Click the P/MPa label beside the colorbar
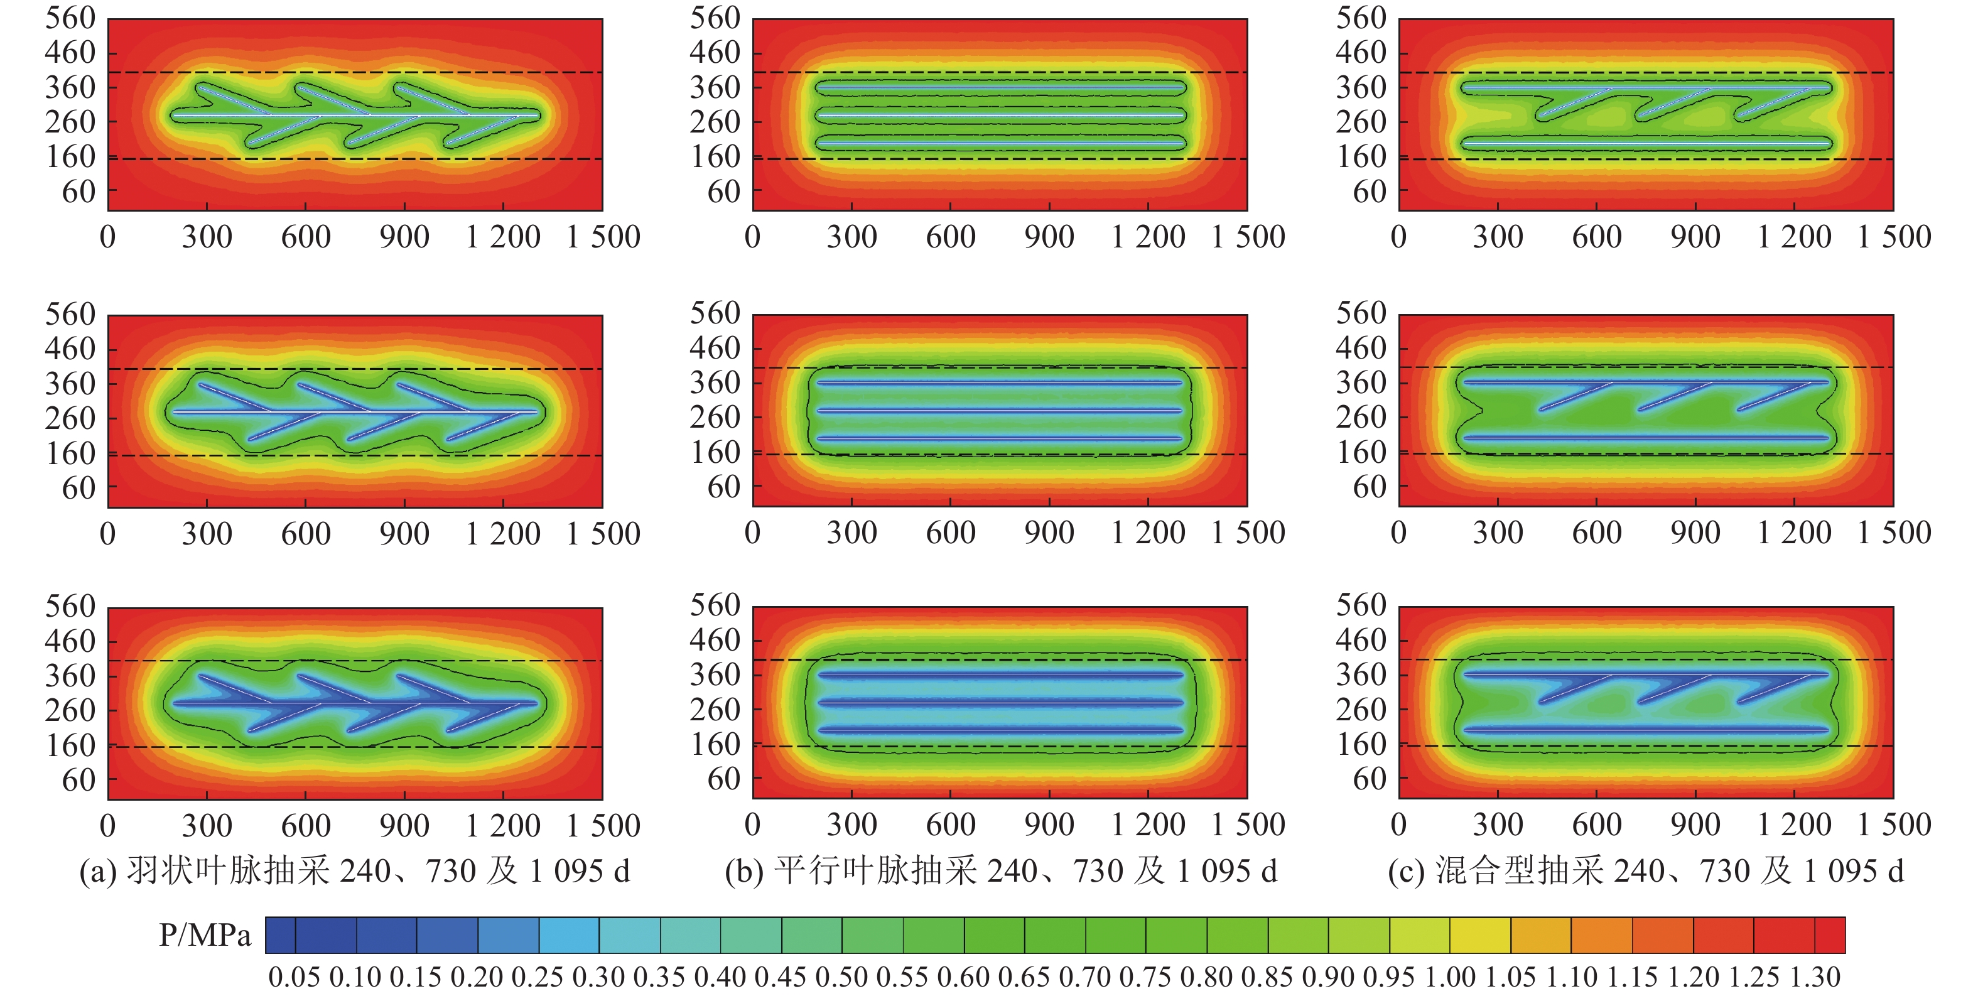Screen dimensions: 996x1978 pyautogui.click(x=204, y=935)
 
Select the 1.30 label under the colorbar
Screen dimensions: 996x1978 pyautogui.click(x=1815, y=977)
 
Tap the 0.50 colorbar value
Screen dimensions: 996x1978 pyautogui.click(x=841, y=977)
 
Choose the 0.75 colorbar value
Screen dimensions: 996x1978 pyautogui.click(x=1145, y=977)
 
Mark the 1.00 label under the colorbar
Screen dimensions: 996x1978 pyautogui.click(x=1450, y=977)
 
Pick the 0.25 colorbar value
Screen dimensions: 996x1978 pyautogui.click(x=538, y=977)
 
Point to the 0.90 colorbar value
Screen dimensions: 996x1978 pyautogui.click(x=1328, y=977)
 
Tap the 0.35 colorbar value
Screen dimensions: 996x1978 pyautogui.click(x=659, y=977)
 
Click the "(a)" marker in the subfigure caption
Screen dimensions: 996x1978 pyautogui.click(x=99, y=872)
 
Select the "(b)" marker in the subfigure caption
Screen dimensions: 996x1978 pyautogui.click(x=744, y=872)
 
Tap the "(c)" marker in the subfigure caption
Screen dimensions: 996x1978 pyautogui.click(x=1407, y=872)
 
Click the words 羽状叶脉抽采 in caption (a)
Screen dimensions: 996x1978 pyautogui.click(x=229, y=872)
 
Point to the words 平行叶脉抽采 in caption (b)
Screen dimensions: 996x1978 pyautogui.click(x=875, y=872)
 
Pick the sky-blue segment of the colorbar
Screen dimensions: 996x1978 pyautogui.click(x=568, y=935)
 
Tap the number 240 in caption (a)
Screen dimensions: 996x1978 pyautogui.click(x=365, y=872)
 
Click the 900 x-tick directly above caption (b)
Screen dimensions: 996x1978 pyautogui.click(x=1049, y=825)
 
